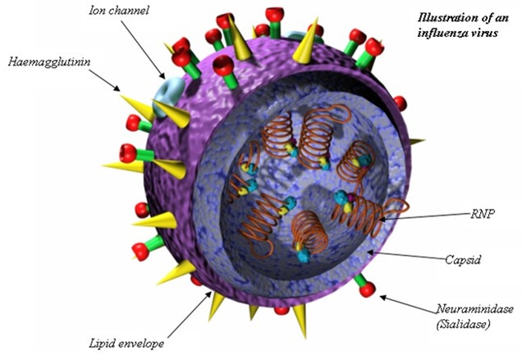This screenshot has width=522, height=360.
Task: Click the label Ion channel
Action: [x=118, y=11]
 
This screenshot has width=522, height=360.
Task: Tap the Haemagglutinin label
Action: [x=49, y=62]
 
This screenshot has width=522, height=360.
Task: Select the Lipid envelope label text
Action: [x=126, y=344]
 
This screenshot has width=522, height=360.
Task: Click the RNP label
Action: [x=483, y=213]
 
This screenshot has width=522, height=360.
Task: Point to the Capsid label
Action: [x=463, y=259]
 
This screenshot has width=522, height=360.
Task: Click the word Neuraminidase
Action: [x=475, y=309]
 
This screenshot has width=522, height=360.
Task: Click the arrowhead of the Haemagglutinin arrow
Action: [x=117, y=89]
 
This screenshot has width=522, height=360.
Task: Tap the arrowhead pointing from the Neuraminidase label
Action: [x=383, y=297]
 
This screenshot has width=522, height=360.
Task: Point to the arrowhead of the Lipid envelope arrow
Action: [x=208, y=294]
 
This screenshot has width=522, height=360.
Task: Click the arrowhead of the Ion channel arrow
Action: [x=163, y=75]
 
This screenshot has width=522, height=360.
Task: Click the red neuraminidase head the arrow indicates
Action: [x=368, y=289]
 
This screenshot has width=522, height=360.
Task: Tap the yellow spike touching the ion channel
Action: [x=172, y=113]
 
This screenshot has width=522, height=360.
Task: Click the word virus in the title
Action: [x=487, y=33]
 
